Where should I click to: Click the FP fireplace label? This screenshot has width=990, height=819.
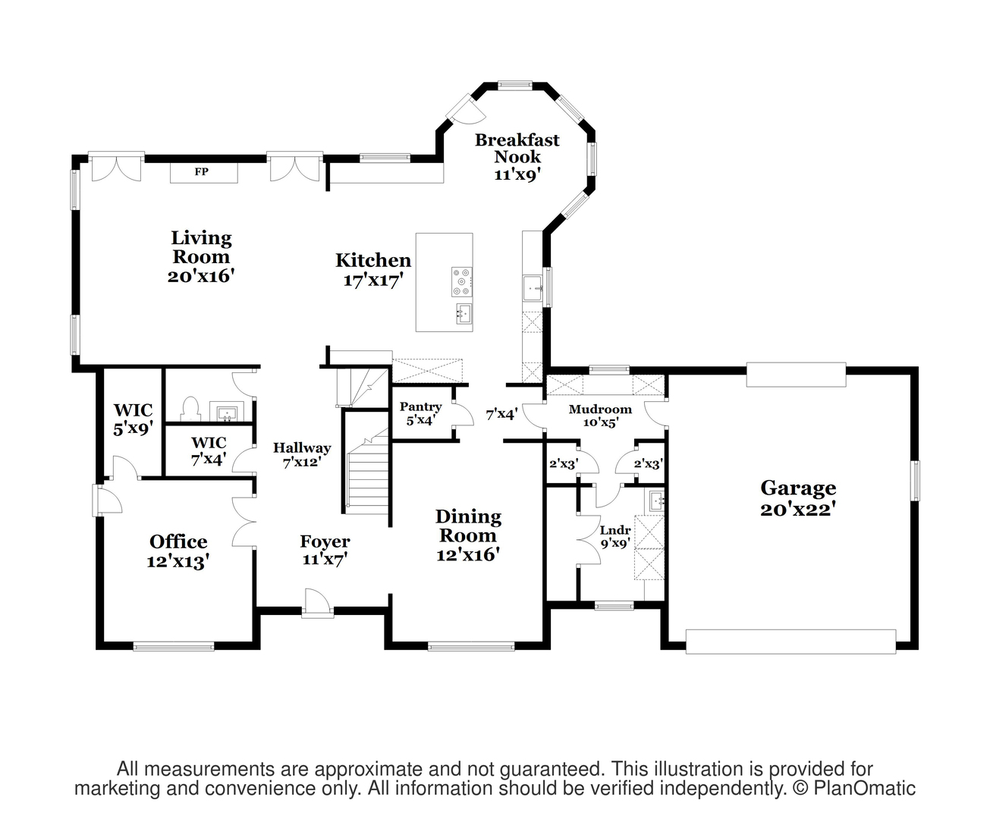(x=202, y=171)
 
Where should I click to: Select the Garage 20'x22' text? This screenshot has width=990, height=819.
(x=798, y=498)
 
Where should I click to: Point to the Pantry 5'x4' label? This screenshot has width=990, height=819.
(x=420, y=413)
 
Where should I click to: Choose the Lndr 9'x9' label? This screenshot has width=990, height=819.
(x=615, y=537)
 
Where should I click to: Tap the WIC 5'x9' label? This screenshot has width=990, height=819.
(x=134, y=419)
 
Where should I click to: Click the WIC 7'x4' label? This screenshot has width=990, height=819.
(x=209, y=450)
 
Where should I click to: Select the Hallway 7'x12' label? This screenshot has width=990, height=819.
(x=302, y=454)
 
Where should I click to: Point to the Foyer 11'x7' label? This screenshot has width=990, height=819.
(x=325, y=550)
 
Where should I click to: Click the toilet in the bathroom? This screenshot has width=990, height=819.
(x=190, y=409)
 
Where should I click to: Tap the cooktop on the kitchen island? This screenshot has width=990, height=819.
(x=461, y=281)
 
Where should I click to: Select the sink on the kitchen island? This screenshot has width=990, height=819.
(x=464, y=313)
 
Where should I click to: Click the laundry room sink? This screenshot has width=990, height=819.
(x=655, y=500)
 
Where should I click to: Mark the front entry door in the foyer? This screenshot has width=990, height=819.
(x=318, y=604)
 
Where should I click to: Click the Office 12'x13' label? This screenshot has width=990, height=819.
(x=178, y=551)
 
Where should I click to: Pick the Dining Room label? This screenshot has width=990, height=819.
(x=469, y=535)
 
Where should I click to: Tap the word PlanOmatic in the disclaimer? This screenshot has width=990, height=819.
(x=864, y=788)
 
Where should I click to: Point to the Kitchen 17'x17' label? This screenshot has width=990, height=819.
(x=373, y=270)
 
